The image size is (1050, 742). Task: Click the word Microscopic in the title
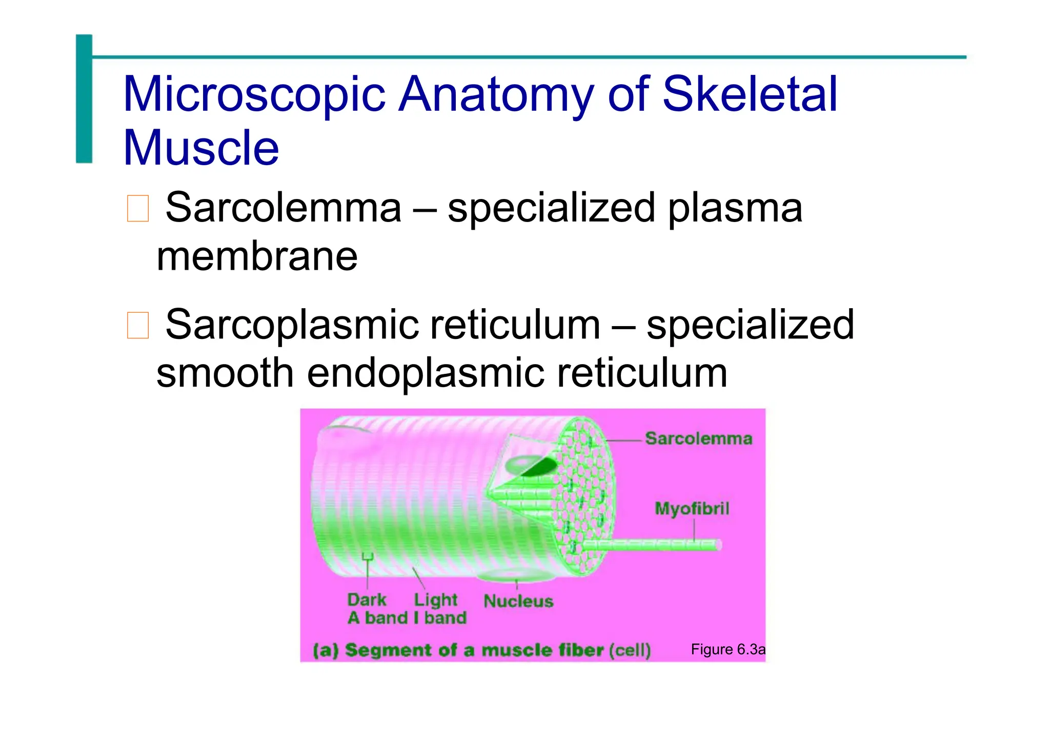point(254,95)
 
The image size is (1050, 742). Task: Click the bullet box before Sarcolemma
point(137,208)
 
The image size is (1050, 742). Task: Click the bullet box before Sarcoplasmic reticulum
point(137,325)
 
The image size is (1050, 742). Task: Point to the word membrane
point(257,256)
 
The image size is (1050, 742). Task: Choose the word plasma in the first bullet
point(735,208)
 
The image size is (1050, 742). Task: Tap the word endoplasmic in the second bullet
point(425,373)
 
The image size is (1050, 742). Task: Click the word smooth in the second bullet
point(225,373)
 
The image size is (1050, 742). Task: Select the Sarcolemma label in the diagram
point(698,439)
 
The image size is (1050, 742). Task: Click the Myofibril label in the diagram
point(692,509)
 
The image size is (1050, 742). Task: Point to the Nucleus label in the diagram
point(518,601)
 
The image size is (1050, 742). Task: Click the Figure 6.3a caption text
point(728,650)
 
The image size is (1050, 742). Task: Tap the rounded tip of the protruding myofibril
point(719,545)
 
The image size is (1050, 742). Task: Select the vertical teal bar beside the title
point(84,98)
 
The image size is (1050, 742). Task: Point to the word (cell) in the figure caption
point(630,650)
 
